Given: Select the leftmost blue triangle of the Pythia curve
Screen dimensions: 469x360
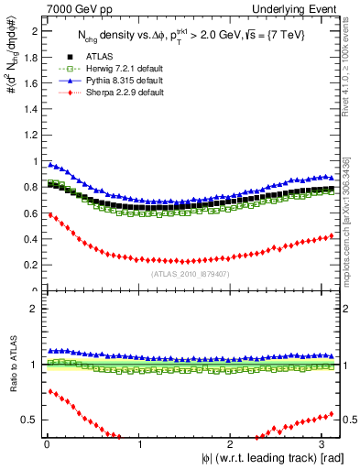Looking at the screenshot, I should (x=49, y=164).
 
